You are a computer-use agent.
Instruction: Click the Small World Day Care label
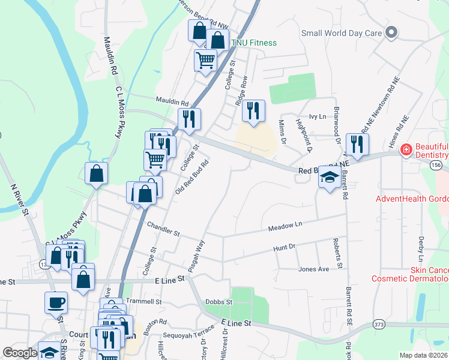(342, 33)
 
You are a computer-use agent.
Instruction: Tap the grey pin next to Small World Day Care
(392, 32)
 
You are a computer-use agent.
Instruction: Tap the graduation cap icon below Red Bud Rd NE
(328, 178)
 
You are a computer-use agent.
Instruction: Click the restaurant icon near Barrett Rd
(357, 144)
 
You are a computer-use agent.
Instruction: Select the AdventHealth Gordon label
(412, 199)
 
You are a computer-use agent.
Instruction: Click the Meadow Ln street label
(285, 225)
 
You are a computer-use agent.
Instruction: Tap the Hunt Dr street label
(285, 247)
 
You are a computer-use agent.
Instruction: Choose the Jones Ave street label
(313, 269)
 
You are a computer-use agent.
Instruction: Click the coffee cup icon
(56, 301)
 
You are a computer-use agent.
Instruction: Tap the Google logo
(20, 353)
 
